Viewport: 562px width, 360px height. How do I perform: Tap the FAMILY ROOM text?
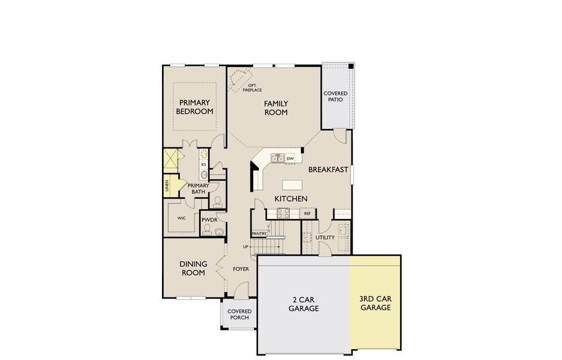[276, 107]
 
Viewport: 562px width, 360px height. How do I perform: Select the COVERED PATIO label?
[335, 97]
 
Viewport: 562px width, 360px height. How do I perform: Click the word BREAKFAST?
[328, 170]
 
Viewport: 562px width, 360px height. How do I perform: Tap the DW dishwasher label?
[290, 158]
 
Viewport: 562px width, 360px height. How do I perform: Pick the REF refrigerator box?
[307, 213]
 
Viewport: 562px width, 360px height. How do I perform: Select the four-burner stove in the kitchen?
[283, 212]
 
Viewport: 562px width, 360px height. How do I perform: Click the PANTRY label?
[259, 233]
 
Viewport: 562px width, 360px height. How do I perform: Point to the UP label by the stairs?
[245, 247]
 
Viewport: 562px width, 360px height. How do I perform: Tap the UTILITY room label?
[325, 238]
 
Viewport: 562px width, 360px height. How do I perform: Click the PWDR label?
[209, 220]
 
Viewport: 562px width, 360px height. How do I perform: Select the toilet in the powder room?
[220, 231]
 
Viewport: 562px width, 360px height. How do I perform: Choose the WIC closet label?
[181, 218]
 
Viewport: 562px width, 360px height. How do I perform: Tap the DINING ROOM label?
[194, 268]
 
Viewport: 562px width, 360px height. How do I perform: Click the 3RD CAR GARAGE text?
[375, 303]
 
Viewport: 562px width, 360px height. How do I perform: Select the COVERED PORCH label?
[239, 314]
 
